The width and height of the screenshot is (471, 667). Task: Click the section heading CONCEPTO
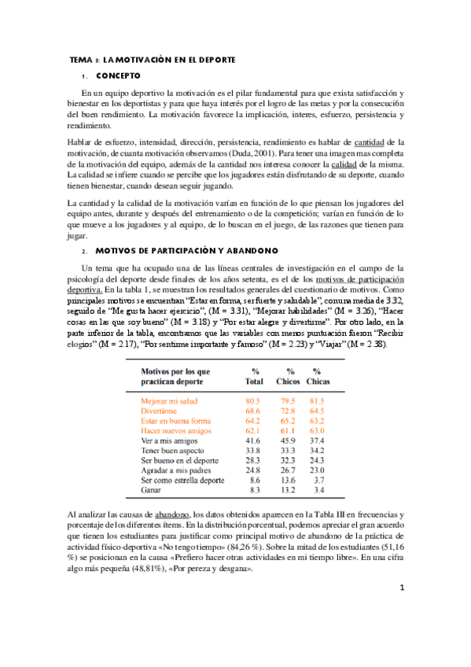tap(118, 76)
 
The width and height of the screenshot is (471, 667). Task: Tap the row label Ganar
tap(151, 489)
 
